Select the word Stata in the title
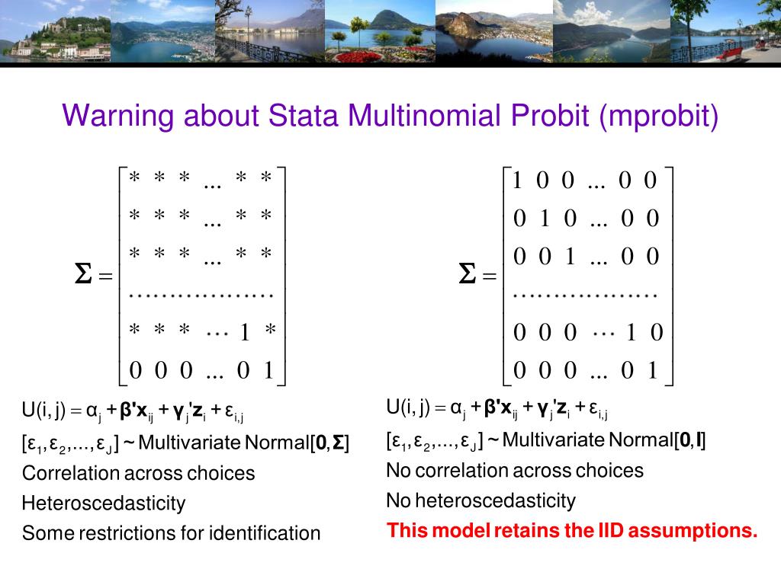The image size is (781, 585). (x=304, y=116)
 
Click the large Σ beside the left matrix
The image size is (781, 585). (x=83, y=275)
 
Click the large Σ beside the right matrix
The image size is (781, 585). (x=468, y=275)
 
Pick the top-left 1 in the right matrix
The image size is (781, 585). (x=518, y=181)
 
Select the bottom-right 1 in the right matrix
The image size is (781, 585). (x=651, y=371)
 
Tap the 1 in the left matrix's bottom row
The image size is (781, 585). (x=268, y=371)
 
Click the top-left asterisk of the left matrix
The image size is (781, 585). (x=134, y=178)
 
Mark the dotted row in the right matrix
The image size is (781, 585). (x=585, y=294)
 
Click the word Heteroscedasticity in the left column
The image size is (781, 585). (x=104, y=503)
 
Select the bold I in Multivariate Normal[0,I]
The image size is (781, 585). (x=699, y=440)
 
